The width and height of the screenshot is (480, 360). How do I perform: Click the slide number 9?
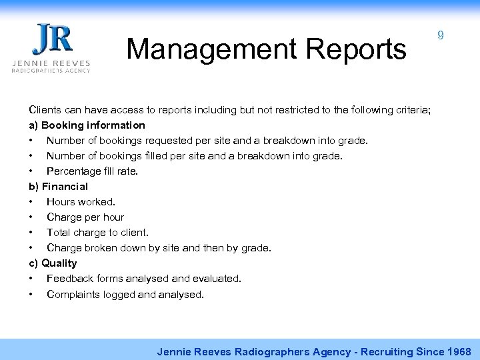point(441,37)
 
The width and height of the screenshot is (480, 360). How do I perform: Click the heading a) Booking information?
point(87,125)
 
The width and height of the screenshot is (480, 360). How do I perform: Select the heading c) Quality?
point(53,263)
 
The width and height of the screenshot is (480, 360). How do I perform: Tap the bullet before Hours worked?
point(31,201)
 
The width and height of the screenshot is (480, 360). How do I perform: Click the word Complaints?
point(76,293)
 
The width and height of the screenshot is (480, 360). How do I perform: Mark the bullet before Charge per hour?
point(31,217)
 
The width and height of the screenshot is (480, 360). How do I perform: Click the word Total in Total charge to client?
point(59,232)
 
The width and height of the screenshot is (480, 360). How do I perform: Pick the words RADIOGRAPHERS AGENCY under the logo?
point(51,69)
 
